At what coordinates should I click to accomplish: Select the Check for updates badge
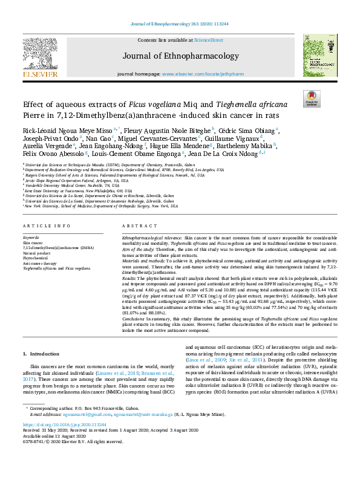(x=312, y=98)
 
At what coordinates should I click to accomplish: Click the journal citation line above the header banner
(x=180, y=25)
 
